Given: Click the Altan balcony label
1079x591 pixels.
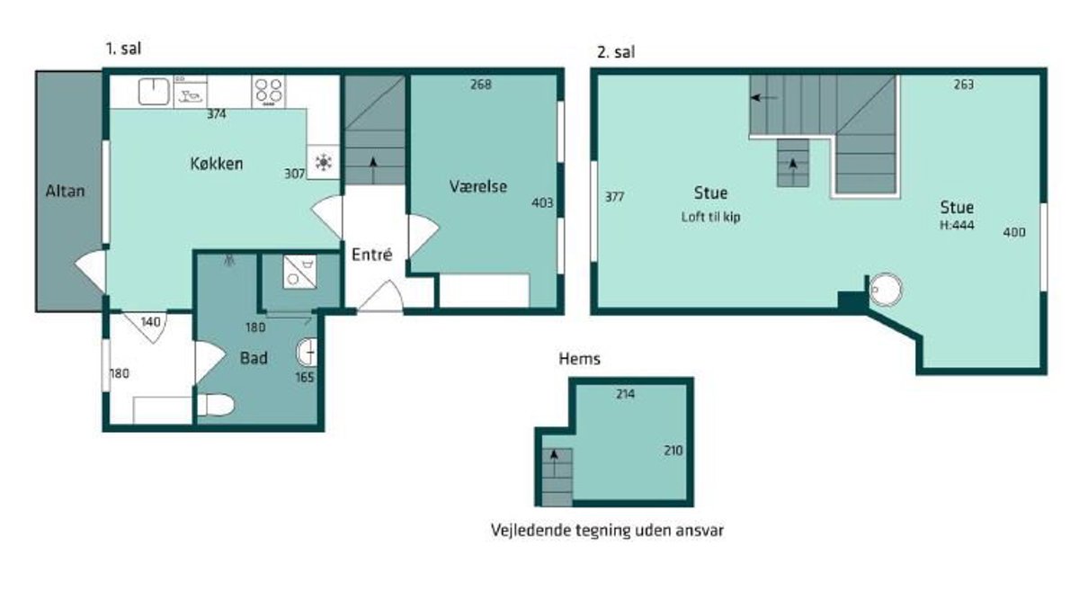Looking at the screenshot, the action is point(65,191).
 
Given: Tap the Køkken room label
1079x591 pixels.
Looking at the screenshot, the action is point(217,164).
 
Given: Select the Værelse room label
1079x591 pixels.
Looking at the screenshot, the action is point(477,186).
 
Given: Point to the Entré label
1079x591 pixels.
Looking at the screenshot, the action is point(372,254).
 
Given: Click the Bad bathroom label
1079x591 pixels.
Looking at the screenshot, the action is point(254,358).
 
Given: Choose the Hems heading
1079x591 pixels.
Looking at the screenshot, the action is point(579,359).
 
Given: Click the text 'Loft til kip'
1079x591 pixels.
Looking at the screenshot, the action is point(710,217).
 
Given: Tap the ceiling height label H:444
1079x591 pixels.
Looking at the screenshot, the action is point(957,225).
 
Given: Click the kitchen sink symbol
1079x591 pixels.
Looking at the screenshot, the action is point(154,91).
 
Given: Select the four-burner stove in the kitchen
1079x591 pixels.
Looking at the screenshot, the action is point(268,92).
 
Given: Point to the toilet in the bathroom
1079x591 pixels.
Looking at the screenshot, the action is point(215,405).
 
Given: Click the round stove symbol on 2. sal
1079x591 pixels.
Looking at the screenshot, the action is point(886,290).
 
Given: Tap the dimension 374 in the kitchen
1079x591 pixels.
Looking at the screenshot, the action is point(217,114).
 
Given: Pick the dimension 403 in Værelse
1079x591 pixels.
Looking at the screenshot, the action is point(542,203).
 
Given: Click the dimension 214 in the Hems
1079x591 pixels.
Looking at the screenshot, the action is point(625,394).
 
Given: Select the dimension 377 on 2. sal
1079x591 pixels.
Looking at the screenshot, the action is point(615,197).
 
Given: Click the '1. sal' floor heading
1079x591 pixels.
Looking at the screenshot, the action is point(124,49).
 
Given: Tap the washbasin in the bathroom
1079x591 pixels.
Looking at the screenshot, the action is point(307,353).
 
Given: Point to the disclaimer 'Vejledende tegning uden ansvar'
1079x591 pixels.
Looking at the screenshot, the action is point(608,530).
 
